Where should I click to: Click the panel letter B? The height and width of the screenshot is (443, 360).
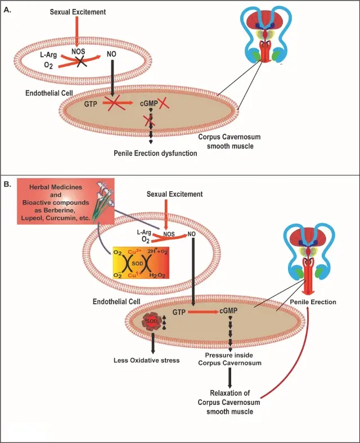click(x=7, y=184)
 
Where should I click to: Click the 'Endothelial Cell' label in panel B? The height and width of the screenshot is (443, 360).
click(x=116, y=302)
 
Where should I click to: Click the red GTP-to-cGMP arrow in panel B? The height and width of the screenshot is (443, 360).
click(x=204, y=311)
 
